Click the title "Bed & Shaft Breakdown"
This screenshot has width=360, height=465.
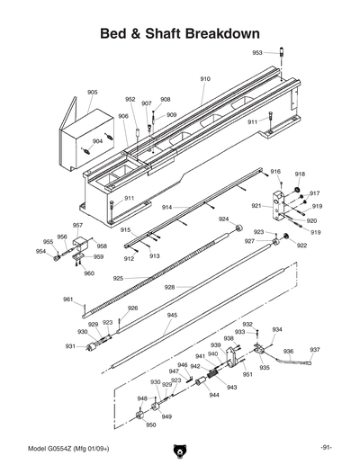click(180, 32)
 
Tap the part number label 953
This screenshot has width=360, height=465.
click(257, 53)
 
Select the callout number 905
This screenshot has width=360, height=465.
click(93, 93)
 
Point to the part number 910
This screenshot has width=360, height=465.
click(205, 79)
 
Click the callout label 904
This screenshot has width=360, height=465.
click(97, 140)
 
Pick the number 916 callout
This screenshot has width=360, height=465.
click(275, 172)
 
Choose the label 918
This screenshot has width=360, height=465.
click(300, 174)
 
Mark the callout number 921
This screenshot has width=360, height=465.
click(256, 206)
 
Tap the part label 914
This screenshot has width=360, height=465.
click(167, 208)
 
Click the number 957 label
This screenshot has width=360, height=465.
click(78, 226)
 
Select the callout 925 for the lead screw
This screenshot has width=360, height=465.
click(118, 279)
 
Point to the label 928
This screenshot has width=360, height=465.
click(168, 287)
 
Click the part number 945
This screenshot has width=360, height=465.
click(172, 316)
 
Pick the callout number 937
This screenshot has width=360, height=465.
click(315, 350)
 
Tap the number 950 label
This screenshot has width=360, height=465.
click(150, 425)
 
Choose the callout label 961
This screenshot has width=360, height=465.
click(67, 300)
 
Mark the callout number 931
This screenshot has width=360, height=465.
click(69, 346)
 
